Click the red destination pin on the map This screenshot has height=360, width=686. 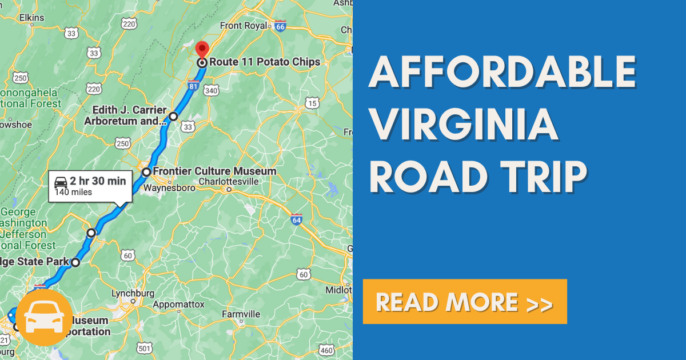point(202,50)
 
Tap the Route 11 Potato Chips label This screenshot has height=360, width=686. point(265,62)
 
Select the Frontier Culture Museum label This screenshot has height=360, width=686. point(216,171)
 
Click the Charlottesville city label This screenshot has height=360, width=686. point(229,182)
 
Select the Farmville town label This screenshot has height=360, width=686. point(241,314)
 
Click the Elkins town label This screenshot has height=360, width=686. point(31,18)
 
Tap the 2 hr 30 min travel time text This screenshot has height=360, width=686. point(98,182)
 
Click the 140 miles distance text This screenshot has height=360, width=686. point(73,193)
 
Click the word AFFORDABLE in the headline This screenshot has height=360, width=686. point(502,73)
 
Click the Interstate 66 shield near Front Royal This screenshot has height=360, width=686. point(280,26)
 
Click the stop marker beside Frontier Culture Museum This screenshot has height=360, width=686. point(146,172)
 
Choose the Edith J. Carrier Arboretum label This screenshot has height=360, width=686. point(125,115)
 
